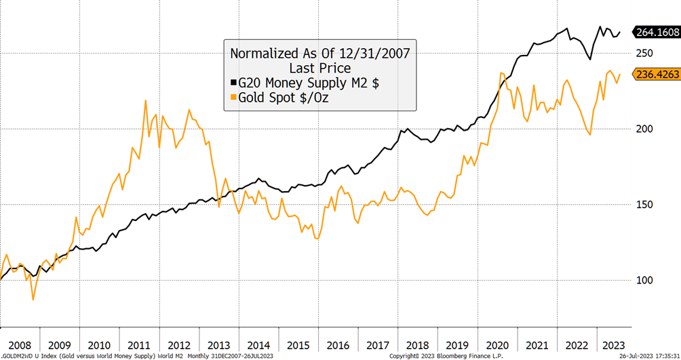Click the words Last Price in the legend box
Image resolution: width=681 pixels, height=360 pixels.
click(319, 68)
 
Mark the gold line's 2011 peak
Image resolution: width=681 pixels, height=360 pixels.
click(146, 100)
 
